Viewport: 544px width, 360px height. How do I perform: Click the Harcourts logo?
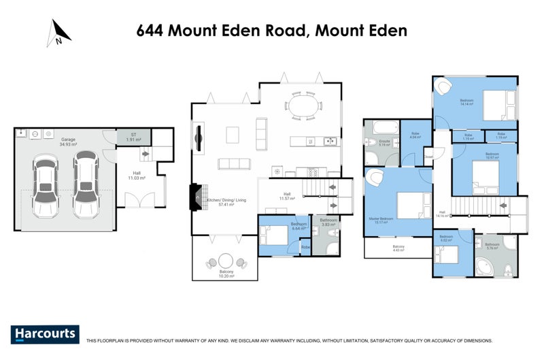pyautogui.click(x=46, y=334)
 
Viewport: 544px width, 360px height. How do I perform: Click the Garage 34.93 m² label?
pyautogui.click(x=68, y=141)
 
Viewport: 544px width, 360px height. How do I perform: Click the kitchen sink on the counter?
pyautogui.click(x=330, y=142)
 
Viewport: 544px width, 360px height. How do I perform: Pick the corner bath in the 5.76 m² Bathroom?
pyautogui.click(x=488, y=265)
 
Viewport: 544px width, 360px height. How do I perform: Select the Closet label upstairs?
pyautogui.click(x=428, y=157)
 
